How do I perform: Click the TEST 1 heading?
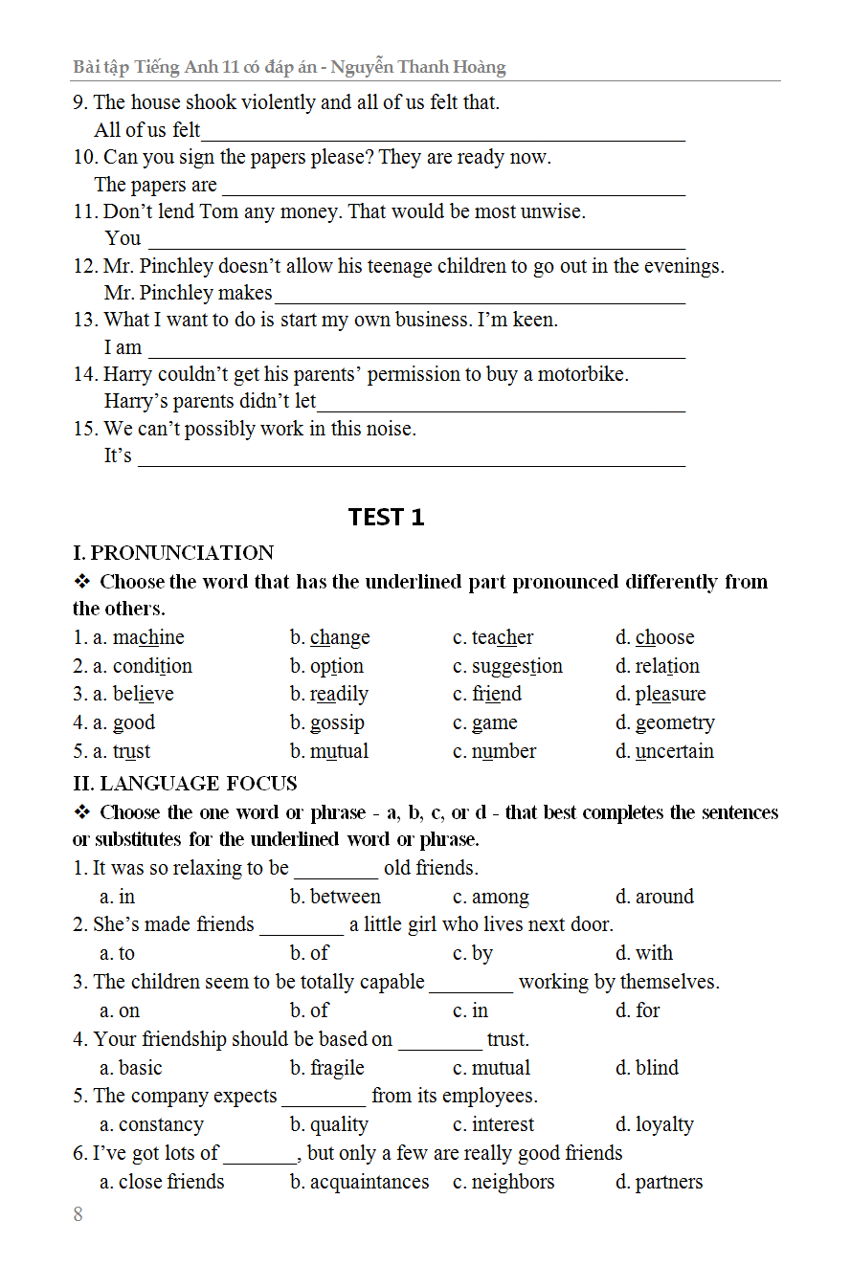(x=386, y=518)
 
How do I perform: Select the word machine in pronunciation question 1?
(x=148, y=637)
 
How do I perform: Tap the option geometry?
(x=675, y=723)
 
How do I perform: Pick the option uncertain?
(x=675, y=751)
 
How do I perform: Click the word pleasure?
(x=670, y=695)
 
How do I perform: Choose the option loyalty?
(x=664, y=1125)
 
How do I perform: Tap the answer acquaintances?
(x=370, y=1182)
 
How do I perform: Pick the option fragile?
(x=337, y=1068)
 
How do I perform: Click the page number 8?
(x=78, y=1214)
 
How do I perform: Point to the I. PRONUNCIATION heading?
(x=173, y=553)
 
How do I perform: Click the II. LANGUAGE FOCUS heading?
(x=185, y=784)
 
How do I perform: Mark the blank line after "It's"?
(x=412, y=463)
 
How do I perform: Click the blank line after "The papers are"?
(x=453, y=192)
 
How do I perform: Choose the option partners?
(x=668, y=1182)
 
